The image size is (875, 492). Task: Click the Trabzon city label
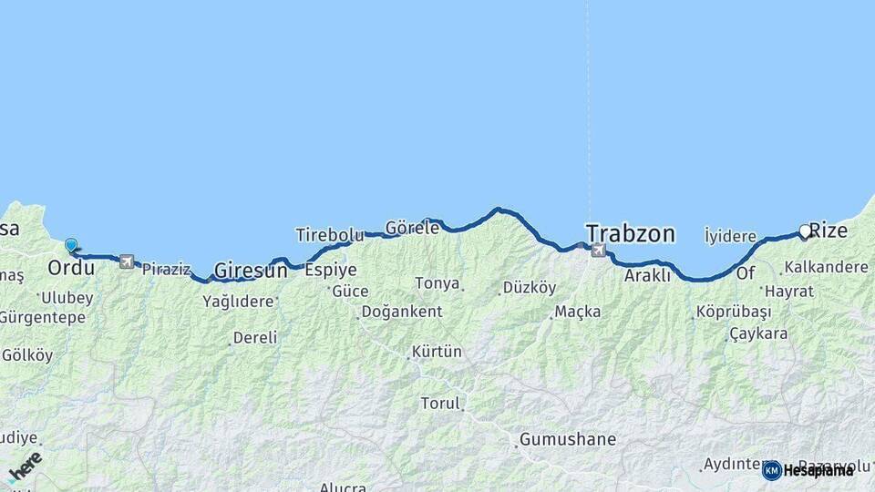tap(631, 233)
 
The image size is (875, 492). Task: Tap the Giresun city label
tap(251, 271)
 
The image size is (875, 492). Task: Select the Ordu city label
tap(71, 269)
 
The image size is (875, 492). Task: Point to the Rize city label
tap(829, 231)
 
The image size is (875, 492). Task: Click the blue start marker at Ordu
tap(71, 244)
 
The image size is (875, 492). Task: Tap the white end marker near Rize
tap(805, 231)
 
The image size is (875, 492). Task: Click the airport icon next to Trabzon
tap(598, 251)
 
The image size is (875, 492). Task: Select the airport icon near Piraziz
tap(126, 262)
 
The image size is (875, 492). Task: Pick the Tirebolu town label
tap(330, 235)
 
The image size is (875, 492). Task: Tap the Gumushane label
tap(568, 439)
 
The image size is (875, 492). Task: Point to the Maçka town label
tap(578, 312)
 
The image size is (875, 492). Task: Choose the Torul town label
tap(440, 403)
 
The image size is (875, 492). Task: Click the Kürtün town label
tap(437, 352)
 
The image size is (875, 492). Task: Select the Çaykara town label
tap(758, 333)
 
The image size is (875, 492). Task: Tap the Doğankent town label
tap(402, 312)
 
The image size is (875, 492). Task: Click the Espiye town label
tap(331, 270)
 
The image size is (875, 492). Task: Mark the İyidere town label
tap(731, 237)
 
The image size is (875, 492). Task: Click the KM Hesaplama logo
tap(808, 470)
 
